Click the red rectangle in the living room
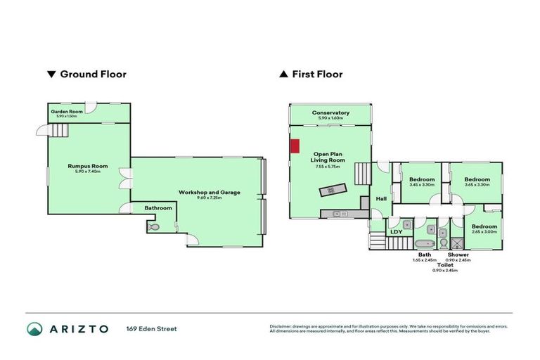click(x=295, y=146)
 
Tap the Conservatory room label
click(x=330, y=112)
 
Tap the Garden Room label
click(x=67, y=111)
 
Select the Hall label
click(x=381, y=199)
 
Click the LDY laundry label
click(x=396, y=231)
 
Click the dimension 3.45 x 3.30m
click(x=422, y=185)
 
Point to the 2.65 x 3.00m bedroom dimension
click(x=484, y=232)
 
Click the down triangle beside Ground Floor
click(x=50, y=74)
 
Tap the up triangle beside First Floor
click(x=283, y=74)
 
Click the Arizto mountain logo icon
click(x=34, y=328)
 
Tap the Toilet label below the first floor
click(x=444, y=265)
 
